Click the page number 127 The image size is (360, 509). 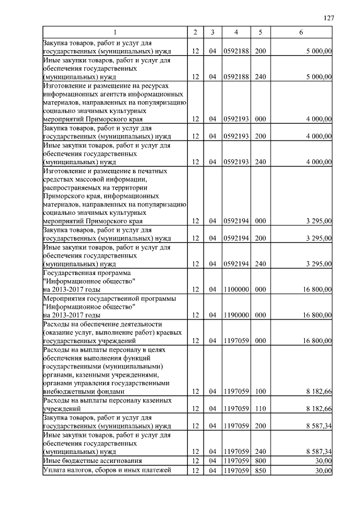(330, 18)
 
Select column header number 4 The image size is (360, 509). (236, 33)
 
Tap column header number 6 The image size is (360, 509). (301, 33)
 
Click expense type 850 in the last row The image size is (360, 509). (260, 470)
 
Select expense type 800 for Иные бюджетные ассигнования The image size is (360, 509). (260, 461)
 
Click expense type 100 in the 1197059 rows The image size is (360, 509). (260, 391)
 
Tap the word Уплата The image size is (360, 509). (55, 470)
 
